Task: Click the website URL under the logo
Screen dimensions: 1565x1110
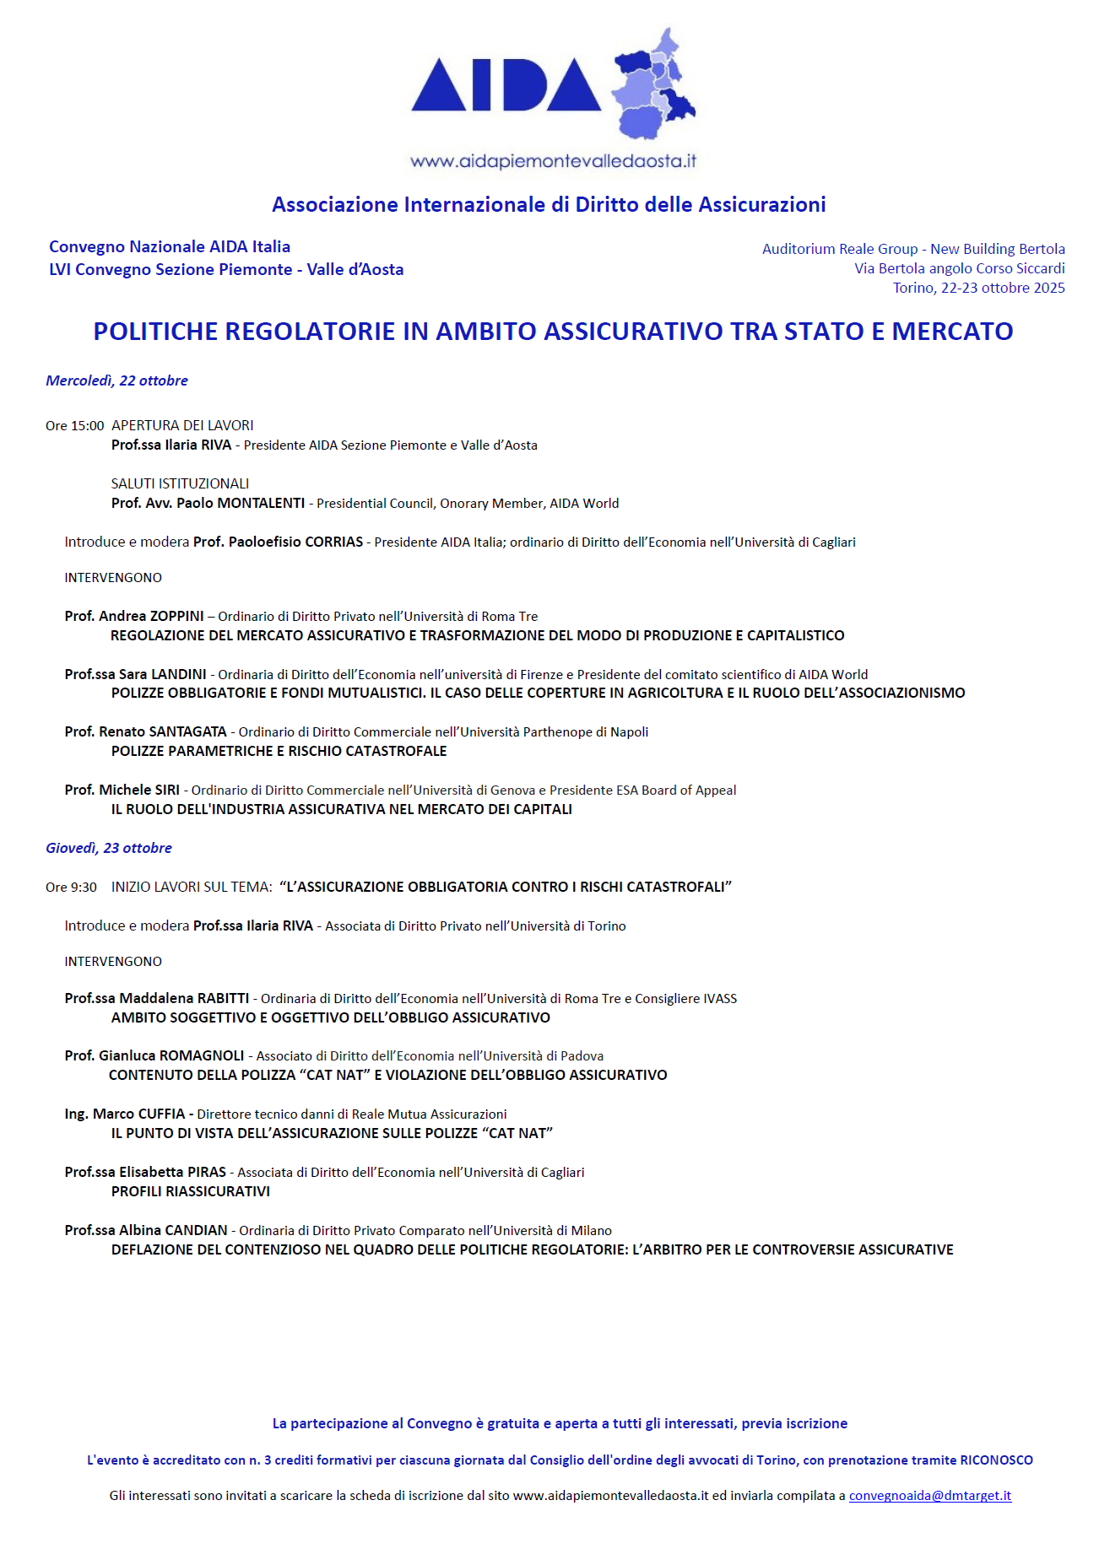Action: click(553, 161)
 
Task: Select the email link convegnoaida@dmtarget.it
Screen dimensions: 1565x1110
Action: click(929, 1495)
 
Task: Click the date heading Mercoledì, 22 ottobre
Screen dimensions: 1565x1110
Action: click(116, 380)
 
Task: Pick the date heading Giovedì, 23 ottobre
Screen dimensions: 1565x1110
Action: click(109, 848)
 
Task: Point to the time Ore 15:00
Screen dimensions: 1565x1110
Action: click(75, 426)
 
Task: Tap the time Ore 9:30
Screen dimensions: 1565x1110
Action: click(71, 887)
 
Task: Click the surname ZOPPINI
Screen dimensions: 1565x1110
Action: click(176, 616)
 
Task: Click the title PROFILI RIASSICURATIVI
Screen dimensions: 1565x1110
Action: click(191, 1191)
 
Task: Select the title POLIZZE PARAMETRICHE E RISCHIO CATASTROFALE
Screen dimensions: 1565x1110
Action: click(279, 751)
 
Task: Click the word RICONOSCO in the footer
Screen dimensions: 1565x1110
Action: click(996, 1460)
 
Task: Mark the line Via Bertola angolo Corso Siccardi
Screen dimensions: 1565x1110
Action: click(959, 268)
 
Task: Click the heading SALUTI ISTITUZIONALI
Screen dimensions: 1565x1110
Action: click(180, 483)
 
